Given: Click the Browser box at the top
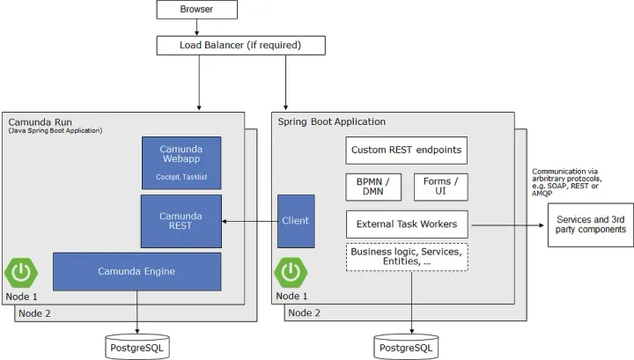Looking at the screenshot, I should click(196, 10).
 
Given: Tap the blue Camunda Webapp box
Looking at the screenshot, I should click(181, 163).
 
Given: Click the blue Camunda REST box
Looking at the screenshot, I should click(181, 220).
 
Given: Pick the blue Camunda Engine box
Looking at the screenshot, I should click(136, 271).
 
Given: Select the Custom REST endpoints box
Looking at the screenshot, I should click(404, 150).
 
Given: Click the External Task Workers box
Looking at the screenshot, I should click(406, 224).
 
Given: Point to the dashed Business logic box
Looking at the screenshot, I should click(406, 256).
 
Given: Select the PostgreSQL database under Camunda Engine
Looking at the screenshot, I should click(136, 347).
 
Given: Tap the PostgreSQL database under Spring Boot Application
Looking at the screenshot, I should click(406, 347).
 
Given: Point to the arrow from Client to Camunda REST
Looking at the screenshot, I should click(250, 220).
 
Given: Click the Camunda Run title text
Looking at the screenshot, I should click(41, 121).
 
